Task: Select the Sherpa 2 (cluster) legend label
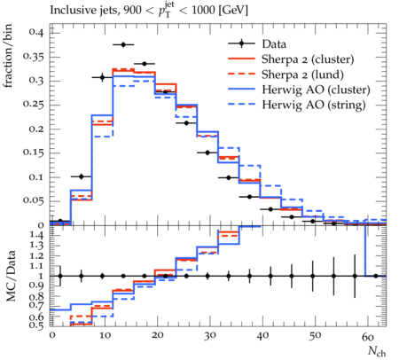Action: click(x=308, y=59)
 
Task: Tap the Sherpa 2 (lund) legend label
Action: click(x=302, y=74)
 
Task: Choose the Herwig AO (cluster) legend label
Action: click(x=316, y=90)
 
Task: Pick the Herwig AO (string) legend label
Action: click(x=314, y=105)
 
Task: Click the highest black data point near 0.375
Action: click(x=123, y=44)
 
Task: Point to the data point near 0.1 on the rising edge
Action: click(x=82, y=176)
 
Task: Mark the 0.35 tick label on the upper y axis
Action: click(x=34, y=57)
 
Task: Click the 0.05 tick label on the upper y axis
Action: click(x=34, y=201)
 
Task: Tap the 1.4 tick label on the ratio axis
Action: click(x=37, y=236)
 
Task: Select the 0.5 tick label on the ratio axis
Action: click(x=37, y=325)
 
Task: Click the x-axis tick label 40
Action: click(x=262, y=336)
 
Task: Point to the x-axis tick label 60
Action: click(x=368, y=337)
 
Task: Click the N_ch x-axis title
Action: click(x=377, y=351)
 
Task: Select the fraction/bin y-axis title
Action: click(x=8, y=56)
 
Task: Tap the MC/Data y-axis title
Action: click(x=11, y=276)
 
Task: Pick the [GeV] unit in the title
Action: click(x=232, y=11)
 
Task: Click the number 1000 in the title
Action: click(x=203, y=10)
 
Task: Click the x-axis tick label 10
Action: click(x=104, y=336)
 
